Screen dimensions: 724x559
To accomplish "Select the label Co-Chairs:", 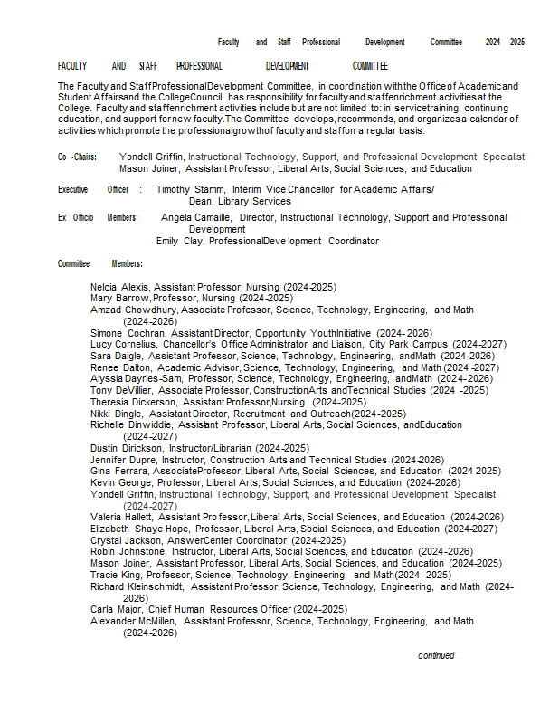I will (77, 157).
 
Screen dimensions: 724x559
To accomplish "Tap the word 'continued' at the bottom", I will (436, 655).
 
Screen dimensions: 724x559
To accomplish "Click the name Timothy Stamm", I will (186, 189).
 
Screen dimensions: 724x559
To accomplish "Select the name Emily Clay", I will (179, 242).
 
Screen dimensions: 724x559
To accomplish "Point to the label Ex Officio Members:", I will (98, 218).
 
